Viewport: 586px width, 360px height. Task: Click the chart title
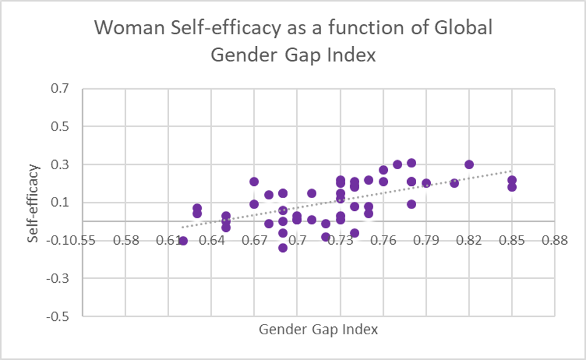[292, 41]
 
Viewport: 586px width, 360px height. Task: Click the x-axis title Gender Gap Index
[318, 329]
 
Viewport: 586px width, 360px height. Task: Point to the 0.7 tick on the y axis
[67, 89]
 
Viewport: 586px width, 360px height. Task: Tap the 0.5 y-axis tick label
[67, 127]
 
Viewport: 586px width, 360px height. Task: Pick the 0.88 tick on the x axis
[555, 240]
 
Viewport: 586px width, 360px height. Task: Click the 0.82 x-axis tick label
[469, 240]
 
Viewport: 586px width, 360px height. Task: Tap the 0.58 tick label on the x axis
[126, 240]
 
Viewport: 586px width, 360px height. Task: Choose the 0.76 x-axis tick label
[383, 240]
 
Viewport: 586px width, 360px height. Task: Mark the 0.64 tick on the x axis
[211, 240]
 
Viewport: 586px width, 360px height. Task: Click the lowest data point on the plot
[283, 248]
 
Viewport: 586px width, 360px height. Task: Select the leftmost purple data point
[183, 240]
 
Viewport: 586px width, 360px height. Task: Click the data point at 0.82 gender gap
[469, 164]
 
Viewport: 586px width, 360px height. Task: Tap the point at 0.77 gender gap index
[397, 164]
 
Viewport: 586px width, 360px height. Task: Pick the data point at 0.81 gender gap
[454, 183]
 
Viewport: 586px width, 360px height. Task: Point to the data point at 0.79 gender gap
[426, 183]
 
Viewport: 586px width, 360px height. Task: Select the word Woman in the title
[121, 29]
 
